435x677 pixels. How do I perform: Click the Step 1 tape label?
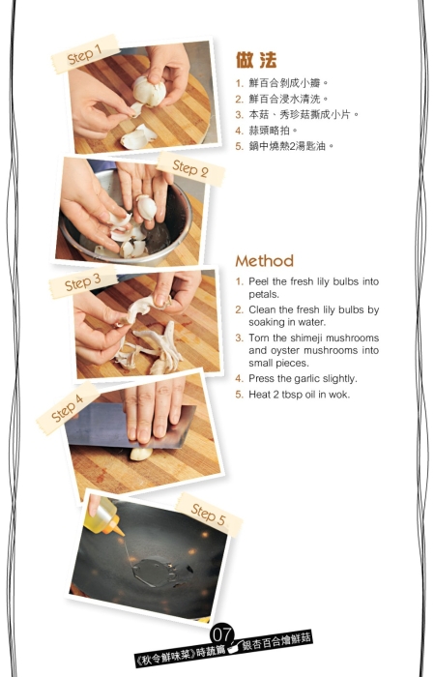85,54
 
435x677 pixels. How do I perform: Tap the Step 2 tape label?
190,169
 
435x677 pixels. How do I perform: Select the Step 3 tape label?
83,282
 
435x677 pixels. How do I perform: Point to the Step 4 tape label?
68,408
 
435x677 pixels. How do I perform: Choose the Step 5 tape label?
209,514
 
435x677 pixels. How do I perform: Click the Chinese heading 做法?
256,60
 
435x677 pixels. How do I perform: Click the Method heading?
265,261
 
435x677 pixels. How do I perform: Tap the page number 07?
221,634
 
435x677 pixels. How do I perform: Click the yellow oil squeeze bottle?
102,517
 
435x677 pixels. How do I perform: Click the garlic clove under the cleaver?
141,455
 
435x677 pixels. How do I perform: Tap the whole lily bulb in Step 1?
149,91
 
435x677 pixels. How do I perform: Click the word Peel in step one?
259,281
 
